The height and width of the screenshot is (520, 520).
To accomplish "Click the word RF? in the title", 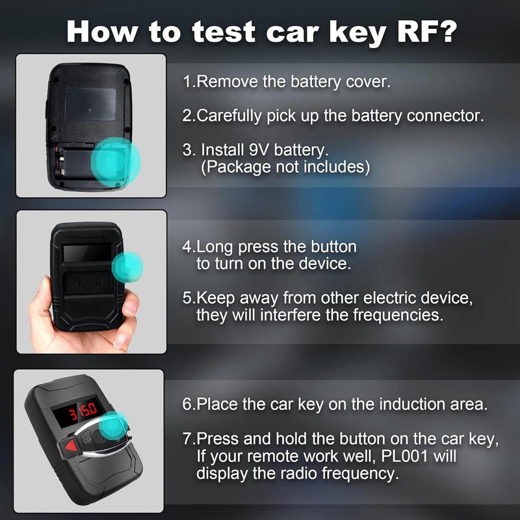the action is click(427, 32).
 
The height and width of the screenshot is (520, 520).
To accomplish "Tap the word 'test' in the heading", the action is click(224, 32).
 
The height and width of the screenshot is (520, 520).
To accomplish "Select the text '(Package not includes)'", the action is click(285, 167).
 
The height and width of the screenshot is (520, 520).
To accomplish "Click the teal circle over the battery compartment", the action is click(115, 162).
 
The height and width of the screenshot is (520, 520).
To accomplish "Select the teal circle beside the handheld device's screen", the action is click(128, 267).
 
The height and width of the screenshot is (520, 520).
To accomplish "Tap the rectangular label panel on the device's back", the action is click(90, 104).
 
